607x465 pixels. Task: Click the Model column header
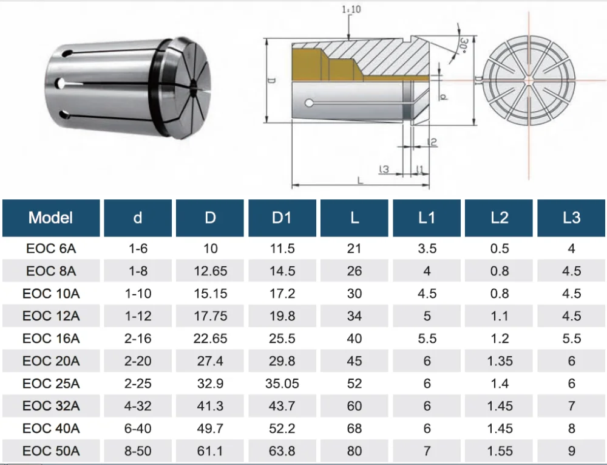pyautogui.click(x=51, y=218)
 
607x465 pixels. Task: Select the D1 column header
pyautogui.click(x=282, y=218)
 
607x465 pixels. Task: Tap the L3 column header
pyautogui.click(x=571, y=218)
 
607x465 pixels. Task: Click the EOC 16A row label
pyautogui.click(x=51, y=339)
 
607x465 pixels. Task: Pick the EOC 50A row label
pyautogui.click(x=51, y=451)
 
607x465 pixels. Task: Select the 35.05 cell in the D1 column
pyautogui.click(x=282, y=384)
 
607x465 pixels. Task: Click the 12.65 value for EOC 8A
pyautogui.click(x=210, y=271)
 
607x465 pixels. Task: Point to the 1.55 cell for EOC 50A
pyautogui.click(x=500, y=451)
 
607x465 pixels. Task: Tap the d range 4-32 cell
pyautogui.click(x=138, y=406)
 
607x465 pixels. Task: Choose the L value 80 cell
pyautogui.click(x=354, y=451)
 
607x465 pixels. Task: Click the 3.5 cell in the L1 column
pyautogui.click(x=427, y=249)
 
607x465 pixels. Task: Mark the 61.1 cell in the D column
pyautogui.click(x=210, y=451)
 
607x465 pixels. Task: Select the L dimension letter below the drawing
pyautogui.click(x=361, y=181)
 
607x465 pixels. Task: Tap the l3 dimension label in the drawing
pyautogui.click(x=383, y=170)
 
